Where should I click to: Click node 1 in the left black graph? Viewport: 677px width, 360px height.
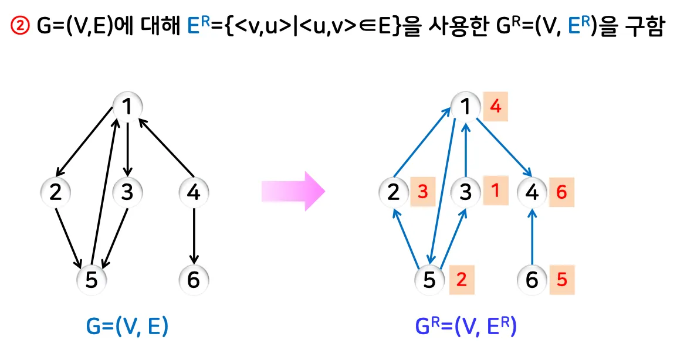point(127,107)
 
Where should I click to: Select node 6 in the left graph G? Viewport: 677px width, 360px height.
point(194,280)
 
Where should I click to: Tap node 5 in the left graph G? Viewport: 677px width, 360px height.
point(91,280)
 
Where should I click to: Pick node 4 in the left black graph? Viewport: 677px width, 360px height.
point(194,192)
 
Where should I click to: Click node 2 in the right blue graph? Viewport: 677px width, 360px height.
point(394,192)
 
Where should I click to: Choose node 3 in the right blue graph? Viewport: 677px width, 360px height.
point(465,192)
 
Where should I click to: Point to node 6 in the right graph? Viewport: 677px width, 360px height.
point(532,280)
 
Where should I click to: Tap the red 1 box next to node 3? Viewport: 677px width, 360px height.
point(496,191)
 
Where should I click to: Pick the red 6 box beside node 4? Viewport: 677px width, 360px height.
point(561,192)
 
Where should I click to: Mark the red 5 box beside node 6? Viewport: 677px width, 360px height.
point(562,280)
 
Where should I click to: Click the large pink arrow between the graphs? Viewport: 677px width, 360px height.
point(292,191)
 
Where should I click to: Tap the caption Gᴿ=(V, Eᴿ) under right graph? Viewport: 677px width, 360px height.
point(466,326)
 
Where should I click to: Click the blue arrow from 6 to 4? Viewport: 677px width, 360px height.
point(532,237)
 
